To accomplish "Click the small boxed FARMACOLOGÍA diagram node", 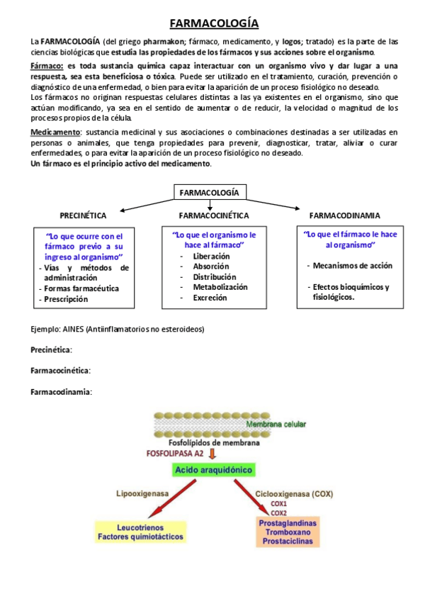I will pos(210,192).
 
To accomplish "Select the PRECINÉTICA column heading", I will pos(83,215).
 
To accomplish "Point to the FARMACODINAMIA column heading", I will pos(344,215).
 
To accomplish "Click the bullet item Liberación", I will pos(211,256).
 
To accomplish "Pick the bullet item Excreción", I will pos(210,298).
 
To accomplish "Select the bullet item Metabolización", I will pos(220,288).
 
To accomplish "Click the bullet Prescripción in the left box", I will pos(66,299).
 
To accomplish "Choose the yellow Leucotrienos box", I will pos(140,532).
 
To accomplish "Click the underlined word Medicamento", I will pos(55,132).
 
